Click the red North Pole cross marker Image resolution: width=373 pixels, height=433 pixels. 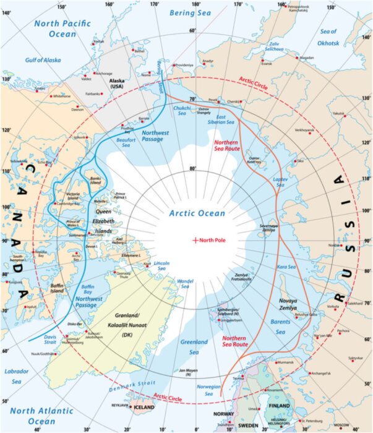tap(196, 240)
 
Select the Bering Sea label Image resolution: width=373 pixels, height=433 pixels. tap(186, 12)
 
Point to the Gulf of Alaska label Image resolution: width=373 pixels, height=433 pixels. tap(43, 60)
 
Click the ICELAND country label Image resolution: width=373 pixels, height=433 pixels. tap(144, 408)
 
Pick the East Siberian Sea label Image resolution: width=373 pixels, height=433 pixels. tap(228, 120)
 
